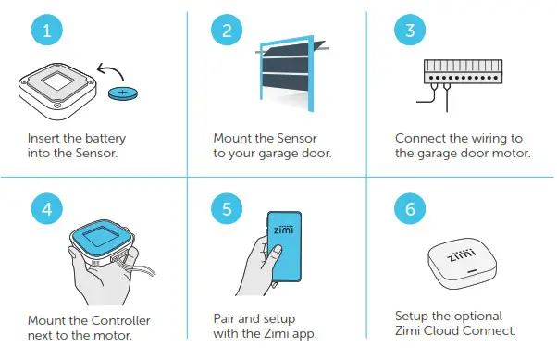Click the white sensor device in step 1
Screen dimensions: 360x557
(56, 90)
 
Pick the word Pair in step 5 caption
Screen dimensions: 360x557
(225, 319)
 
